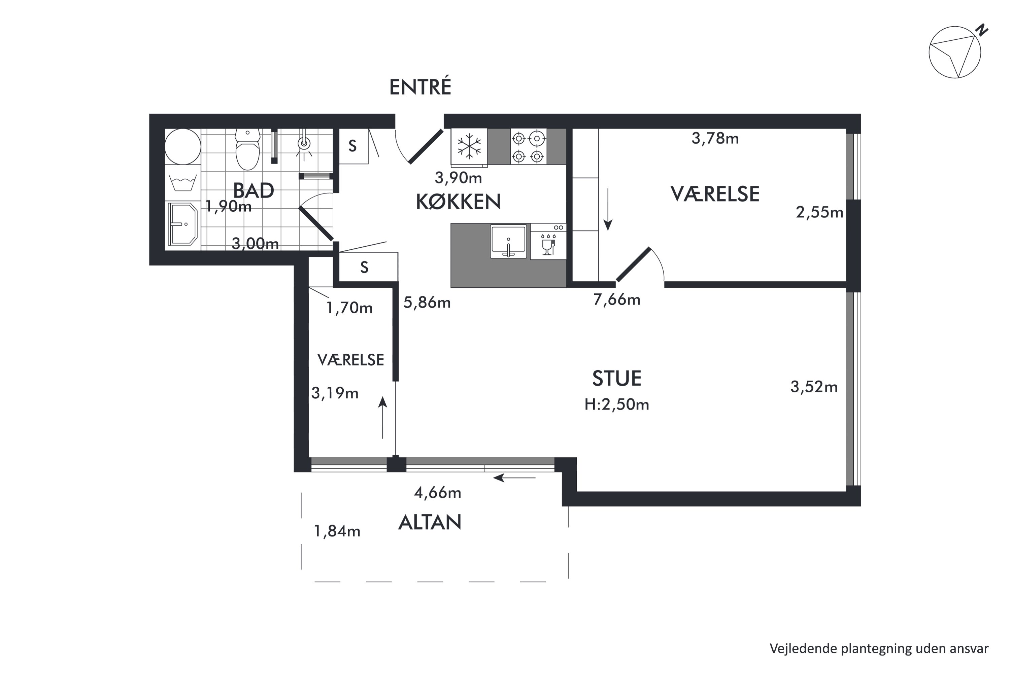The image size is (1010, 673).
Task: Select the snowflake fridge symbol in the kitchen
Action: pyautogui.click(x=469, y=146)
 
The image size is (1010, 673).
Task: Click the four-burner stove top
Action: pyautogui.click(x=528, y=146)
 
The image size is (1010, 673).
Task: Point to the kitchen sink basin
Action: pyautogui.click(x=508, y=241)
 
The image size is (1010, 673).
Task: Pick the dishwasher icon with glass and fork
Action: pyautogui.click(x=548, y=242)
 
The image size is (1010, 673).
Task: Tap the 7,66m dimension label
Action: pyautogui.click(x=617, y=299)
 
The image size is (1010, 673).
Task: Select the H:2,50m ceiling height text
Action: pyautogui.click(x=617, y=404)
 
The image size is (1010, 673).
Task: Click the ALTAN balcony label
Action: pyautogui.click(x=430, y=522)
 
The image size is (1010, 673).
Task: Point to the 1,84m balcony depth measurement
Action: pyautogui.click(x=337, y=531)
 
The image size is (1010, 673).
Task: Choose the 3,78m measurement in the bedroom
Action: pyautogui.click(x=715, y=138)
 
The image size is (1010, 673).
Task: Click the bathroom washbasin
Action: pyautogui.click(x=182, y=224)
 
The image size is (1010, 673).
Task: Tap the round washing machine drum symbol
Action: pyautogui.click(x=182, y=146)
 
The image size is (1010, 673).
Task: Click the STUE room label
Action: pyautogui.click(x=617, y=379)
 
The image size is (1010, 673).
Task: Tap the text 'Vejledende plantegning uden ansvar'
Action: pyautogui.click(x=879, y=648)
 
